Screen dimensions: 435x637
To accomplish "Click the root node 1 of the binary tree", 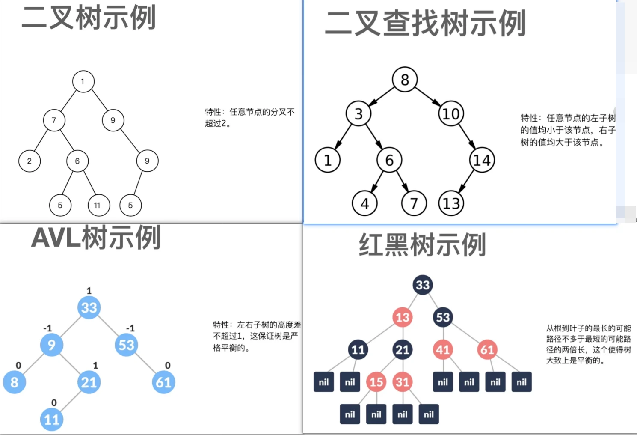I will pos(83,81).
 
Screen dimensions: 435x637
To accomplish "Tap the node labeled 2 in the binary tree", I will pos(30,161).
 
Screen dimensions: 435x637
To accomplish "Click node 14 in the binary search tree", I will pos(482,160).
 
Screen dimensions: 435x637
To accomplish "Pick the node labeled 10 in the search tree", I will pos(451,114).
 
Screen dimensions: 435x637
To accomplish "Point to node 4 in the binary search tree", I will pos(364,203).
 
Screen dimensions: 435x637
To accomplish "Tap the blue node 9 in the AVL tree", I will pos(52,345).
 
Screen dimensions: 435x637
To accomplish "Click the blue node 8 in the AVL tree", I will pos(15,382).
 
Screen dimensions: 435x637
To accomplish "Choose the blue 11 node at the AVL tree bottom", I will pos(52,419).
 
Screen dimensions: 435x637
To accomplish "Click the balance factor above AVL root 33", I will pos(89,291).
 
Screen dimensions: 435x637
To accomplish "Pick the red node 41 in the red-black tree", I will pos(443,350).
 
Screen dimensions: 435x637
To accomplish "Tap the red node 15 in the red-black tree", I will pos(376,382).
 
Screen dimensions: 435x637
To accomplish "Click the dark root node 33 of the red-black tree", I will pos(423,285).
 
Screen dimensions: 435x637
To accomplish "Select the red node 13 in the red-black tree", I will pos(402,317).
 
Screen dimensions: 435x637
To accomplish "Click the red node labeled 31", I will pos(402,382).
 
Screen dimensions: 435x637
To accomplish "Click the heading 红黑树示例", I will pos(422,245).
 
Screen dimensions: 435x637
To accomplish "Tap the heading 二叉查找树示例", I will pos(425,23).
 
